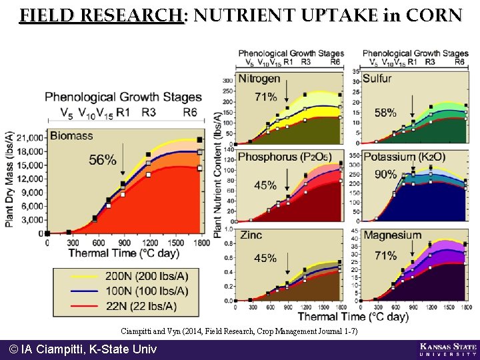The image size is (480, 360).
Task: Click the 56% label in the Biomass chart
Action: click(103, 160)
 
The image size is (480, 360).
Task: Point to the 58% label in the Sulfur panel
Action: click(385, 113)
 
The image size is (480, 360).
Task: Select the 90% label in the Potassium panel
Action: click(386, 174)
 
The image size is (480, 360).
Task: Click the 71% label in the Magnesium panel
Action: click(386, 255)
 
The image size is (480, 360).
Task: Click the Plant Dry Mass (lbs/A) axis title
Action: click(9, 179)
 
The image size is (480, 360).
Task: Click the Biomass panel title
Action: click(71, 135)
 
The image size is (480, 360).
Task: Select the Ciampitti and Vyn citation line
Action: click(239, 331)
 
